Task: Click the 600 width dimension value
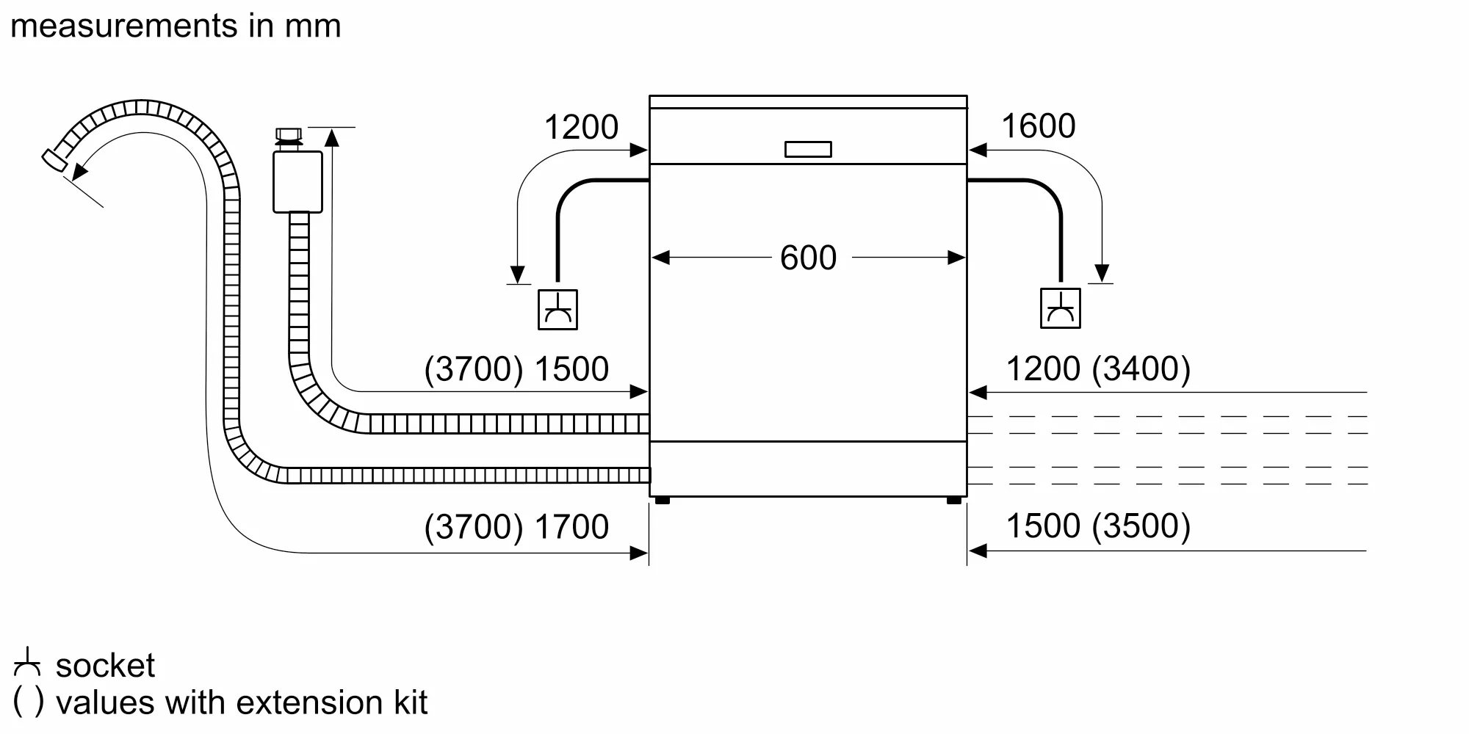click(808, 258)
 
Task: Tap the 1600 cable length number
click(1038, 126)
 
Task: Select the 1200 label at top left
click(581, 127)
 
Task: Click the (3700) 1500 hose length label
click(516, 368)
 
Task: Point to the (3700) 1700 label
click(516, 526)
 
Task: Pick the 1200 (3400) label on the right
click(1097, 368)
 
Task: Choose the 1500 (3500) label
click(1097, 526)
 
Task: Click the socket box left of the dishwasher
click(557, 310)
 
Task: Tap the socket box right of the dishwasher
click(1060, 308)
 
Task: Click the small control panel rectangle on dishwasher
click(808, 149)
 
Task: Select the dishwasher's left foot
click(662, 501)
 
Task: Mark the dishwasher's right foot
click(953, 501)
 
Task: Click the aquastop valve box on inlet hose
click(297, 182)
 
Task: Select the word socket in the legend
click(105, 666)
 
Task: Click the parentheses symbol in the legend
click(29, 702)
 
